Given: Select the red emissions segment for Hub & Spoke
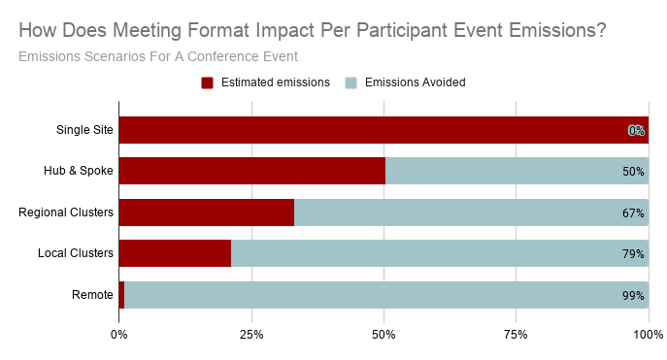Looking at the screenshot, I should (x=251, y=171).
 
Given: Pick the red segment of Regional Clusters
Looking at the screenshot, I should (x=206, y=213).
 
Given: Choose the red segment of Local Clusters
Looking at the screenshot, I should (x=175, y=254).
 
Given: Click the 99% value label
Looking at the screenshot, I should (x=633, y=296).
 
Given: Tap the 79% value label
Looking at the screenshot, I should (x=633, y=254).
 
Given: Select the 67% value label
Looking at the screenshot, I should (x=633, y=213).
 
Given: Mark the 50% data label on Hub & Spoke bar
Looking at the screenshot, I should (x=633, y=172).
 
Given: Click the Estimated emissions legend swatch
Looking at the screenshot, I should (x=207, y=82).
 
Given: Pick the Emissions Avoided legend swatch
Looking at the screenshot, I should (x=351, y=82).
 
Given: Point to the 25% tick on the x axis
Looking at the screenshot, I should (x=251, y=335).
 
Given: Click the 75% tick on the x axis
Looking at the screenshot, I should (x=516, y=335).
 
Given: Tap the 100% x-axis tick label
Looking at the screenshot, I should (x=648, y=335).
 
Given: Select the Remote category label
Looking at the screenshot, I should (x=92, y=295).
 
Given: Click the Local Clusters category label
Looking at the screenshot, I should (x=76, y=254).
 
